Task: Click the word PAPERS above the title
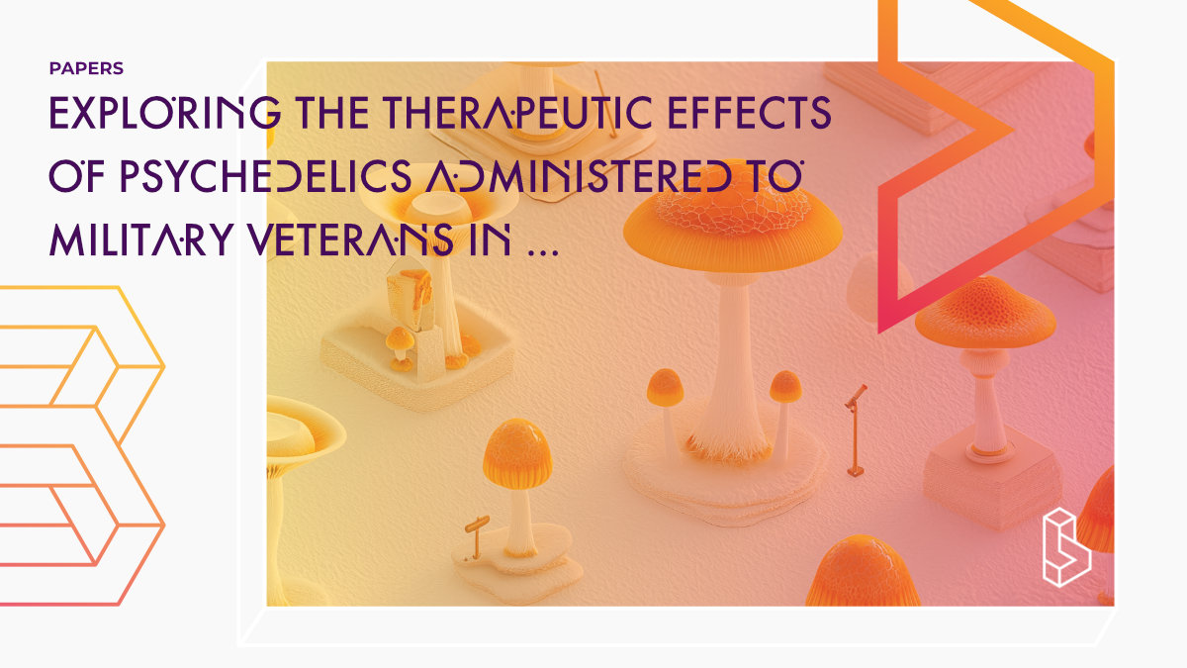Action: [86, 68]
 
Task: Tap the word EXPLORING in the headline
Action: [165, 113]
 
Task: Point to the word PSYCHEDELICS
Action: [266, 176]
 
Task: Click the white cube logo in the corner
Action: [1066, 547]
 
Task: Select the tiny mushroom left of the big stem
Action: [666, 403]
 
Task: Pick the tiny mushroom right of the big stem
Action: [785, 408]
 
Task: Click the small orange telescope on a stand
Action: [856, 430]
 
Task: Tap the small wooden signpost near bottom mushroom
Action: [477, 536]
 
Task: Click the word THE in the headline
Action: [332, 113]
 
